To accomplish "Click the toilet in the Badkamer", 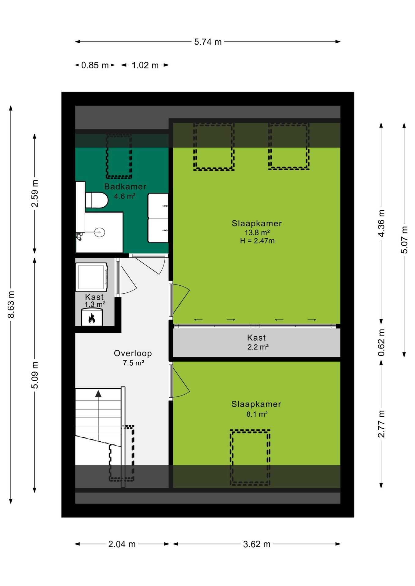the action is [x=97, y=200].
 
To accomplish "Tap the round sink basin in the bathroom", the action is [x=100, y=232].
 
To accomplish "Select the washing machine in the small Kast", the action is [x=92, y=277].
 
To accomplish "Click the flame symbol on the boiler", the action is [x=92, y=319].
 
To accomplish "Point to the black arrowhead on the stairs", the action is [x=98, y=394].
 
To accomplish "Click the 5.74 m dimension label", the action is [x=208, y=42].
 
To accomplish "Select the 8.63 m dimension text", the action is [x=11, y=304].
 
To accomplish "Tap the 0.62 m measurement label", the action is [x=381, y=342].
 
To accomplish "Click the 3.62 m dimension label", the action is [x=257, y=544].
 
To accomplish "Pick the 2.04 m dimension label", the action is [x=122, y=544].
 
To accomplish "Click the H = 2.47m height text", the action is [x=257, y=241].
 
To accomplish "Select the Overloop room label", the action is [x=133, y=353].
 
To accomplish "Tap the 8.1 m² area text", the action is [x=257, y=414].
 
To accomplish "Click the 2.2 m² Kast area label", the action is [x=258, y=347].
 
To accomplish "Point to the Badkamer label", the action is [x=125, y=186].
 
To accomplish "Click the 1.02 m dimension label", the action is [x=145, y=65].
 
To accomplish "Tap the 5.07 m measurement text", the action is [x=404, y=240].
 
